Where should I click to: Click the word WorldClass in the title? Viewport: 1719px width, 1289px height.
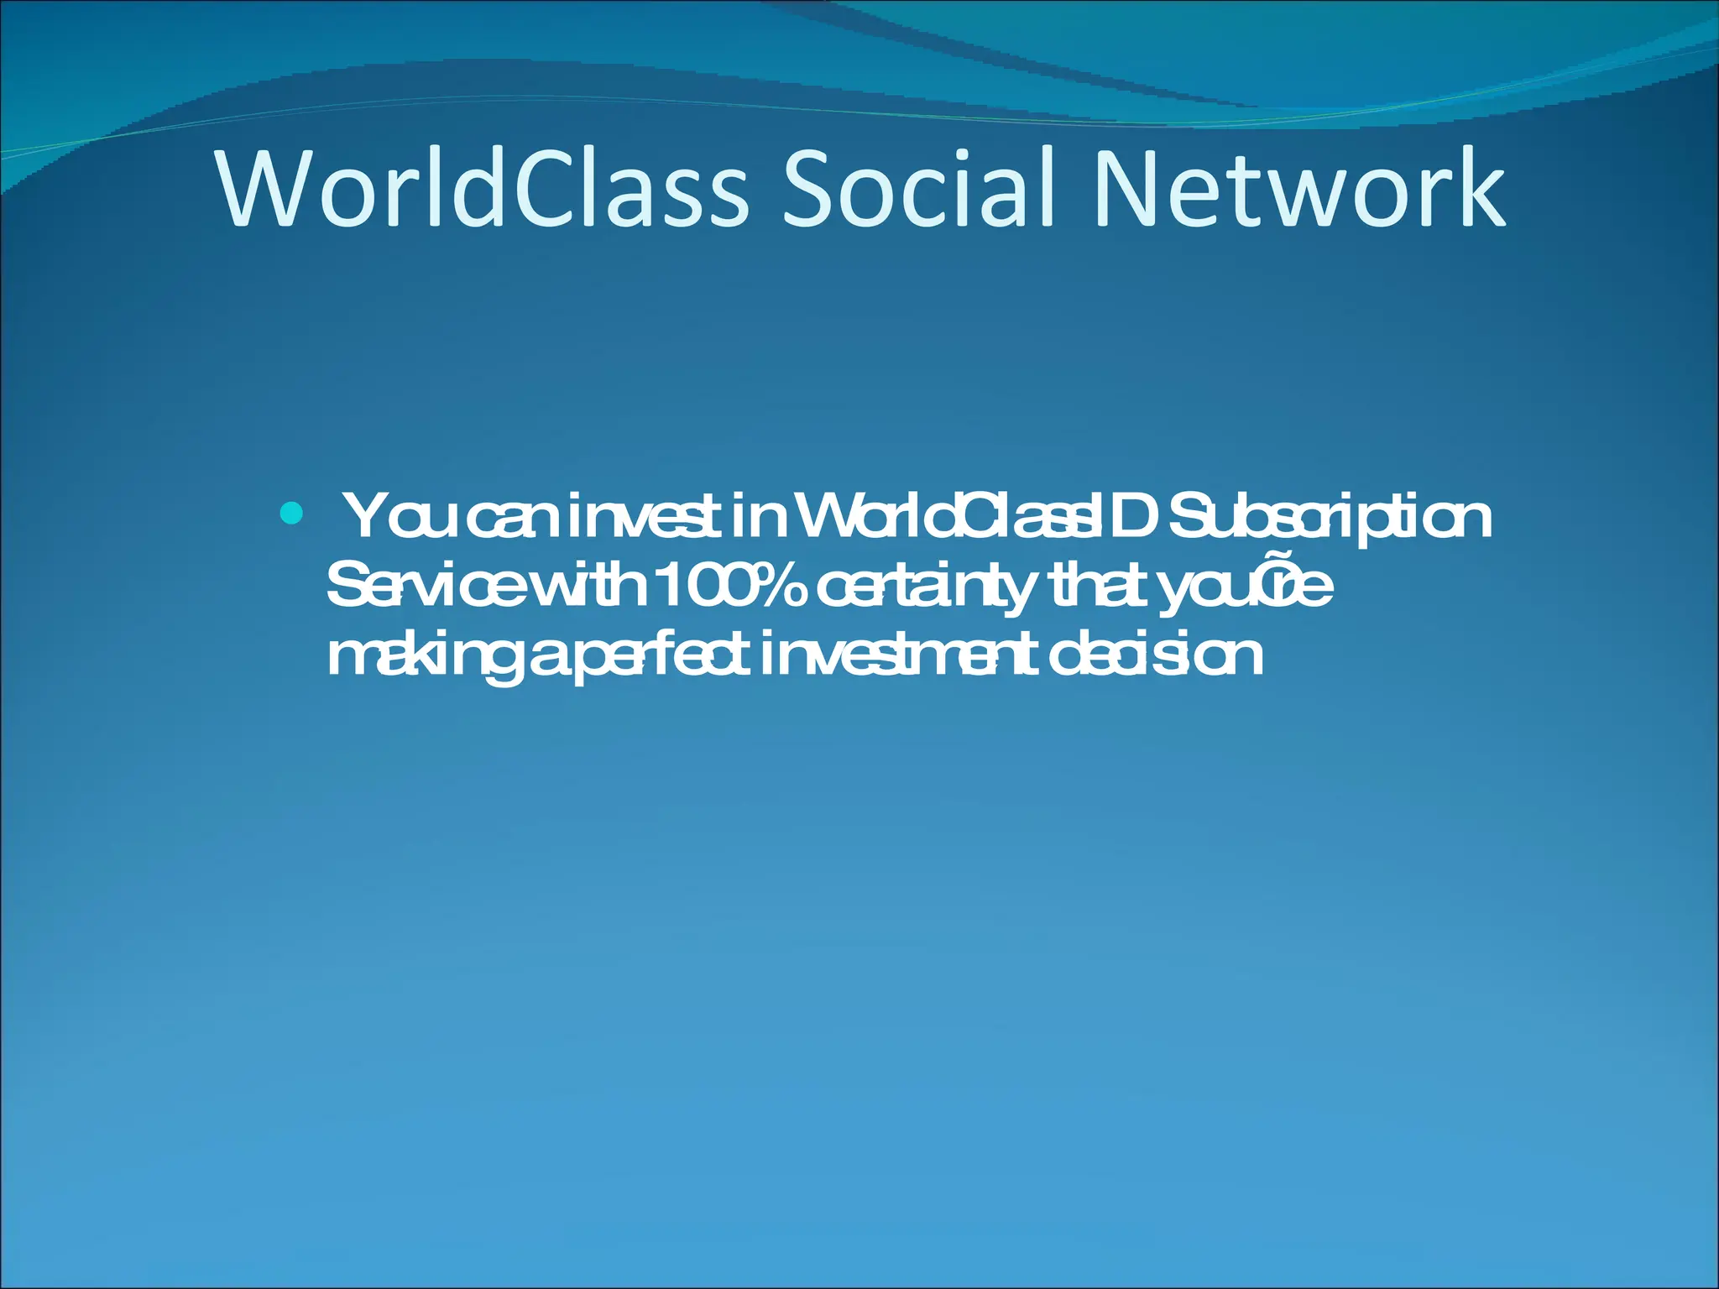482,189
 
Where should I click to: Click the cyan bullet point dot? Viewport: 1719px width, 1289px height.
291,512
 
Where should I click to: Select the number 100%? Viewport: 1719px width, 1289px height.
728,587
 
